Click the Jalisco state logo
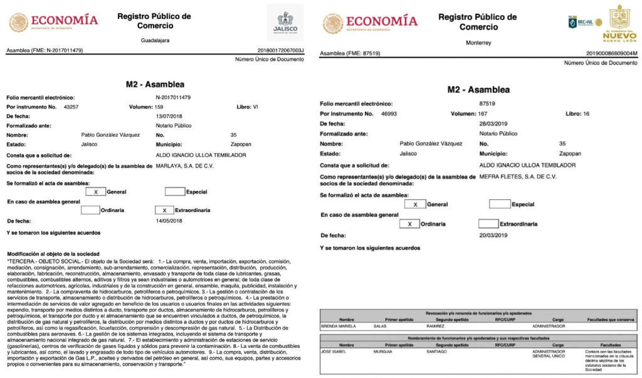[285, 23]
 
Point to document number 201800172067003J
[280, 50]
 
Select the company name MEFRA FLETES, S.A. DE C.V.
[517, 177]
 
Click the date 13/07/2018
[170, 116]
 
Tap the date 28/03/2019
[493, 124]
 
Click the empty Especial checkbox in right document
[499, 204]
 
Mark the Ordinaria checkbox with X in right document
[409, 224]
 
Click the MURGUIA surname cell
[396, 351]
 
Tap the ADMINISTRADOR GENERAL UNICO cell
[549, 354]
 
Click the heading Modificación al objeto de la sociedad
[53, 253]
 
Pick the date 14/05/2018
[170, 221]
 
